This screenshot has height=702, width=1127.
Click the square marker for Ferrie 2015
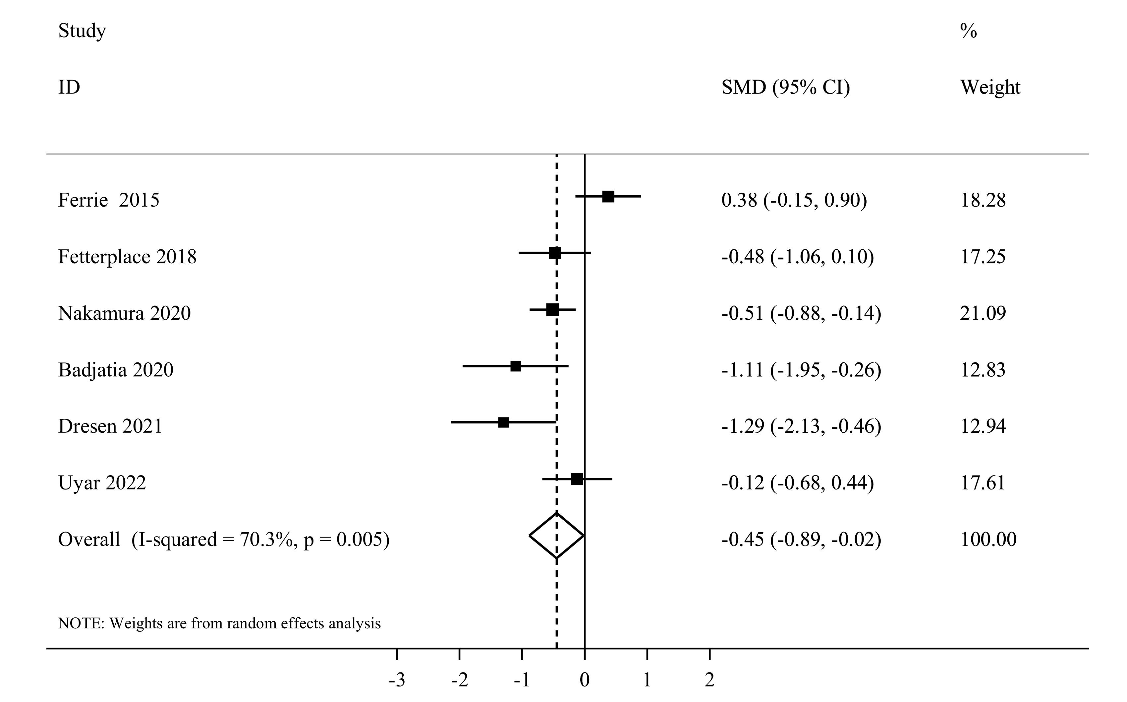coord(608,196)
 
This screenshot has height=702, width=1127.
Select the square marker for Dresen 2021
coord(503,422)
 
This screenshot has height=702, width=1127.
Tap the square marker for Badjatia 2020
coord(515,366)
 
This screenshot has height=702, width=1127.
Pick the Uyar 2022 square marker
coord(577,479)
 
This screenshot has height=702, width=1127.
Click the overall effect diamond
coord(556,535)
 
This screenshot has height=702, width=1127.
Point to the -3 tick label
coord(397,680)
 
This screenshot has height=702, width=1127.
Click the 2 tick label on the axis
coord(709,680)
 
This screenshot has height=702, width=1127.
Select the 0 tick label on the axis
coord(585,680)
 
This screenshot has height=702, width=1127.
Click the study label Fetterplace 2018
coord(127,256)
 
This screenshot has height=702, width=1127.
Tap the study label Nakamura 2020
coord(124,313)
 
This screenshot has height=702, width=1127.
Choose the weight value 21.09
coord(983,313)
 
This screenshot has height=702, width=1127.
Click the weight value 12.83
coord(983,370)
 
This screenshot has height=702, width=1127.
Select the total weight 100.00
coord(988,539)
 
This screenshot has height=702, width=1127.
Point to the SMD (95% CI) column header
coord(785,87)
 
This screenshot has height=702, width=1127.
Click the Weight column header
coord(990,87)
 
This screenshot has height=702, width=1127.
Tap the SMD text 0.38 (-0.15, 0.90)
coord(794,200)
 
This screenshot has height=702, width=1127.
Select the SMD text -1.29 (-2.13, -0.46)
coord(801,426)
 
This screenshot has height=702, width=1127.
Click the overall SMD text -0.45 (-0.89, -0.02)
coord(801,539)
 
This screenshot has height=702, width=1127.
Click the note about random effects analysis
coord(219,623)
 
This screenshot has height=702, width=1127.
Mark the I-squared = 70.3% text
coord(215,540)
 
